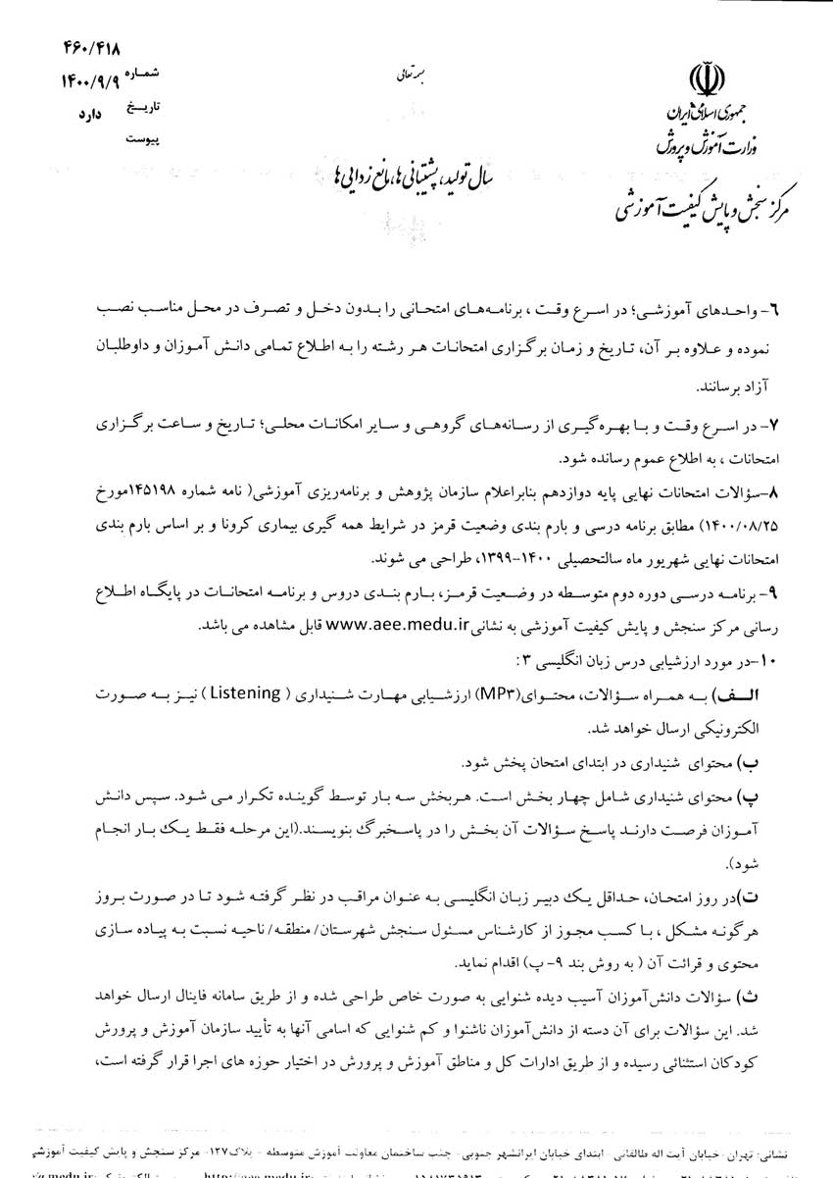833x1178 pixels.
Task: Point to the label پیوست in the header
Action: click(x=144, y=139)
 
